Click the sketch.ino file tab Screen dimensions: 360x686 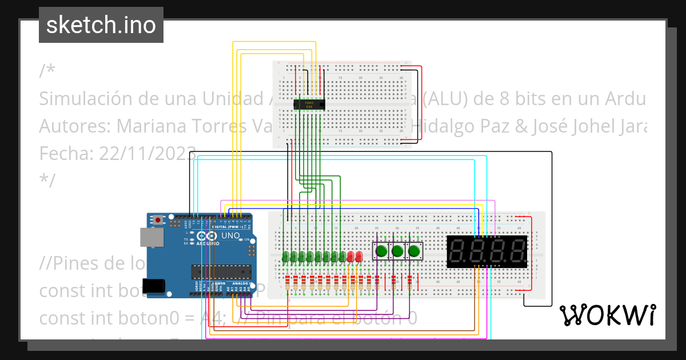(x=101, y=25)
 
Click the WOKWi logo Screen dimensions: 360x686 (x=607, y=315)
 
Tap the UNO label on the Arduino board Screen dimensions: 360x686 (x=230, y=235)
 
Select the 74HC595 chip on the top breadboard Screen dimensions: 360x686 (x=309, y=104)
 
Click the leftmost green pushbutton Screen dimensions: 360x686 (x=381, y=250)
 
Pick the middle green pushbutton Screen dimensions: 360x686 (x=398, y=250)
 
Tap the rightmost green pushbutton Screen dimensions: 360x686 (x=414, y=250)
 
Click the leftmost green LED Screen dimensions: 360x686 (x=285, y=256)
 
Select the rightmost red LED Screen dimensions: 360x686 (x=358, y=256)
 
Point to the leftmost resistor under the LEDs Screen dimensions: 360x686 (x=286, y=283)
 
